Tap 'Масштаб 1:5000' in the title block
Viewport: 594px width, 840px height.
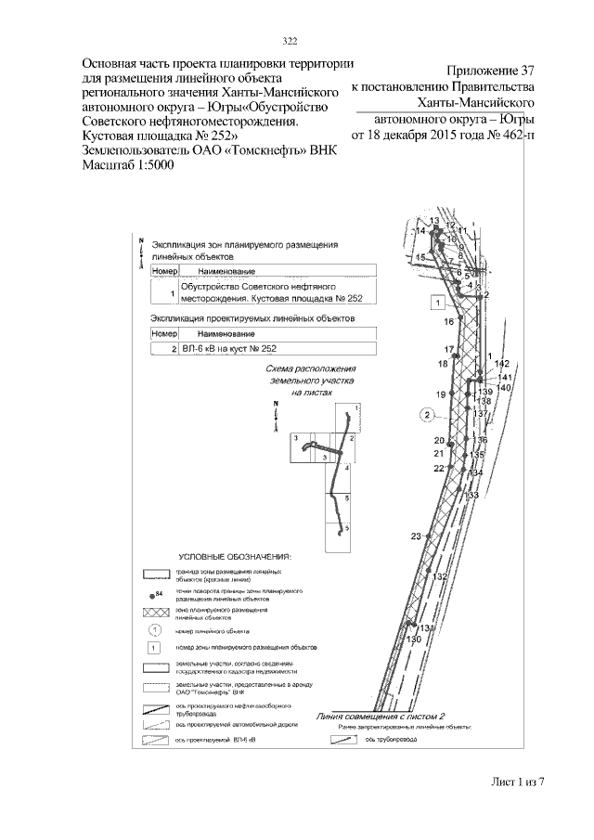point(128,164)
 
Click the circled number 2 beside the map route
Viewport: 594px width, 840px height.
point(427,414)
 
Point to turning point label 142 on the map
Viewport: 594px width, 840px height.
point(502,364)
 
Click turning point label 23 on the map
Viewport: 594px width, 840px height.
point(416,536)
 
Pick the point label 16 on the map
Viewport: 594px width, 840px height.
point(449,321)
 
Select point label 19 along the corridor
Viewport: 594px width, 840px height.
point(442,394)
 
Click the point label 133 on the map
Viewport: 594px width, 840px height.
point(471,496)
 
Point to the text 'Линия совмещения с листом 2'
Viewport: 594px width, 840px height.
point(381,717)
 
